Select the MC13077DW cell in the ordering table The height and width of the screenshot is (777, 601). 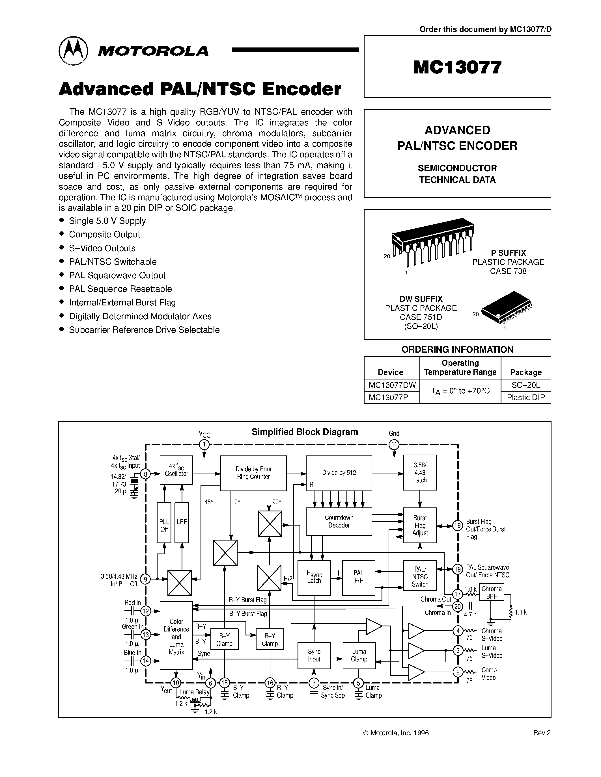392,385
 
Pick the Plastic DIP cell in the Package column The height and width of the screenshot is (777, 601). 525,397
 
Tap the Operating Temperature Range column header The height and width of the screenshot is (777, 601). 460,368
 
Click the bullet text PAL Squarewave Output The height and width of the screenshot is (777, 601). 117,275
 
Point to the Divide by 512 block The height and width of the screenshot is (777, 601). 339,473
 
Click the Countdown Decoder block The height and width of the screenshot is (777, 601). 339,521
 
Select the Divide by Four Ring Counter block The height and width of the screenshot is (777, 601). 253,473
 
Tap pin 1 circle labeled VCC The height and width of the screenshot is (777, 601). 204,445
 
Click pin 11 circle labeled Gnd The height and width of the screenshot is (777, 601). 394,445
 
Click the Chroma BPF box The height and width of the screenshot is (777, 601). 491,592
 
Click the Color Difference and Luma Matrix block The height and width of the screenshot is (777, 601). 176,636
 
